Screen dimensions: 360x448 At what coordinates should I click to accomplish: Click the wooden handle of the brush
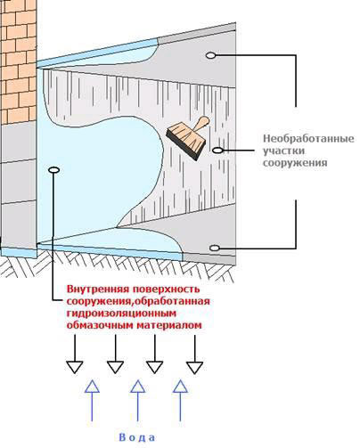pyautogui.click(x=201, y=124)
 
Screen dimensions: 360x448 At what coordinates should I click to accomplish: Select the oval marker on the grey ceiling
pyautogui.click(x=210, y=55)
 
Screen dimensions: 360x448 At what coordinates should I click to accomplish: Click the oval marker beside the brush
pyautogui.click(x=217, y=151)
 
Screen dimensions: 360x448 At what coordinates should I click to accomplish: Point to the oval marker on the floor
pyautogui.click(x=215, y=248)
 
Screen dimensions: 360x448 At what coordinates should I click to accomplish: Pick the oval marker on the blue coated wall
pyautogui.click(x=54, y=170)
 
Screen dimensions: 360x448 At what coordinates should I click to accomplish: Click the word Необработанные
pyautogui.click(x=308, y=139)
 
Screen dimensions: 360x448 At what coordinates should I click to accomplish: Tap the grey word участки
pyautogui.click(x=283, y=151)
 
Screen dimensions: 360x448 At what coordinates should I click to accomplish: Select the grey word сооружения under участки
pyautogui.click(x=295, y=163)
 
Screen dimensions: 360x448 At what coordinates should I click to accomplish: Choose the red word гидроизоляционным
pyautogui.click(x=121, y=314)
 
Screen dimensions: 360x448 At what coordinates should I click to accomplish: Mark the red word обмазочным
pyautogui.click(x=100, y=325)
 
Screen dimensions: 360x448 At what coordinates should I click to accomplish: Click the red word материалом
pyautogui.click(x=169, y=325)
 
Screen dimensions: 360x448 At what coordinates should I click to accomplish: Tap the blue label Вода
pyautogui.click(x=137, y=437)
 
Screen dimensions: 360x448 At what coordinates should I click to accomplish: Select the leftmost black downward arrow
pyautogui.click(x=75, y=354)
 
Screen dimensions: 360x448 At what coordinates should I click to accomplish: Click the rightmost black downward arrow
pyautogui.click(x=195, y=354)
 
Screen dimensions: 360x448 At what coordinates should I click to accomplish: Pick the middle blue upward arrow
pyautogui.click(x=137, y=401)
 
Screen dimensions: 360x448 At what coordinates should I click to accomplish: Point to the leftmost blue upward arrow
pyautogui.click(x=92, y=401)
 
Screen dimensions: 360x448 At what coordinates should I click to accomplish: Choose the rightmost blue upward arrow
pyautogui.click(x=180, y=401)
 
